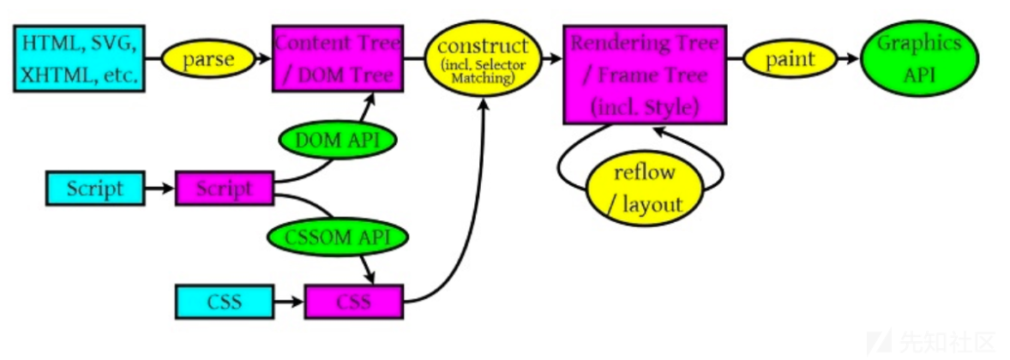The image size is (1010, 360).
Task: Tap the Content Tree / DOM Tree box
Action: pyautogui.click(x=337, y=58)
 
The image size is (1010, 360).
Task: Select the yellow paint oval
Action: pyautogui.click(x=791, y=59)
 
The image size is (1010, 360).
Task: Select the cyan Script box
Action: pyautogui.click(x=95, y=189)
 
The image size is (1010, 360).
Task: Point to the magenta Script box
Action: pyautogui.click(x=224, y=189)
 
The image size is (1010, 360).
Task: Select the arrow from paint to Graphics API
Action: pyautogui.click(x=850, y=59)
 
